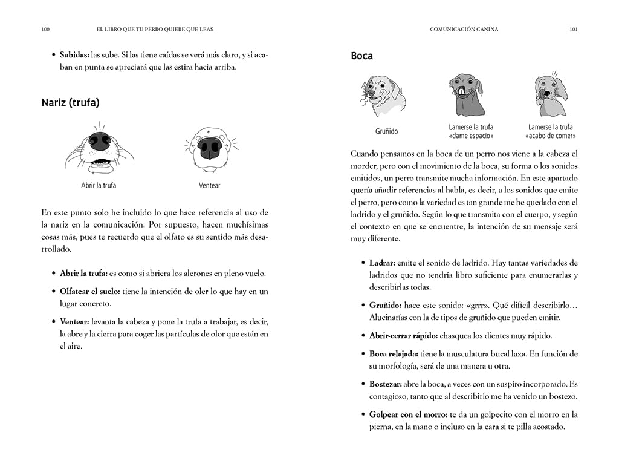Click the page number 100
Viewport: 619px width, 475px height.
pyautogui.click(x=45, y=29)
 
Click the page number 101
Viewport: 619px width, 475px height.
pyautogui.click(x=573, y=29)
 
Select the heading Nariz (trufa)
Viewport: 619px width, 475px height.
pyautogui.click(x=70, y=102)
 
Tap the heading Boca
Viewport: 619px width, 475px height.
pyautogui.click(x=361, y=56)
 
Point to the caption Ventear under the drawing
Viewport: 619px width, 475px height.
pyautogui.click(x=210, y=185)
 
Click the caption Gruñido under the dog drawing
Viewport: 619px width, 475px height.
pyautogui.click(x=386, y=131)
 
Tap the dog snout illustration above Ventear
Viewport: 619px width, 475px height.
pyautogui.click(x=210, y=148)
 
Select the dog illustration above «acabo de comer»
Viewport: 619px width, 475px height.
pyautogui.click(x=550, y=95)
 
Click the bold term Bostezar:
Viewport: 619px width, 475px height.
pyautogui.click(x=390, y=384)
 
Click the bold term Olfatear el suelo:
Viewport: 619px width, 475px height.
pyautogui.click(x=89, y=291)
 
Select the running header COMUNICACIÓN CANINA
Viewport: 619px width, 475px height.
pyautogui.click(x=464, y=29)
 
